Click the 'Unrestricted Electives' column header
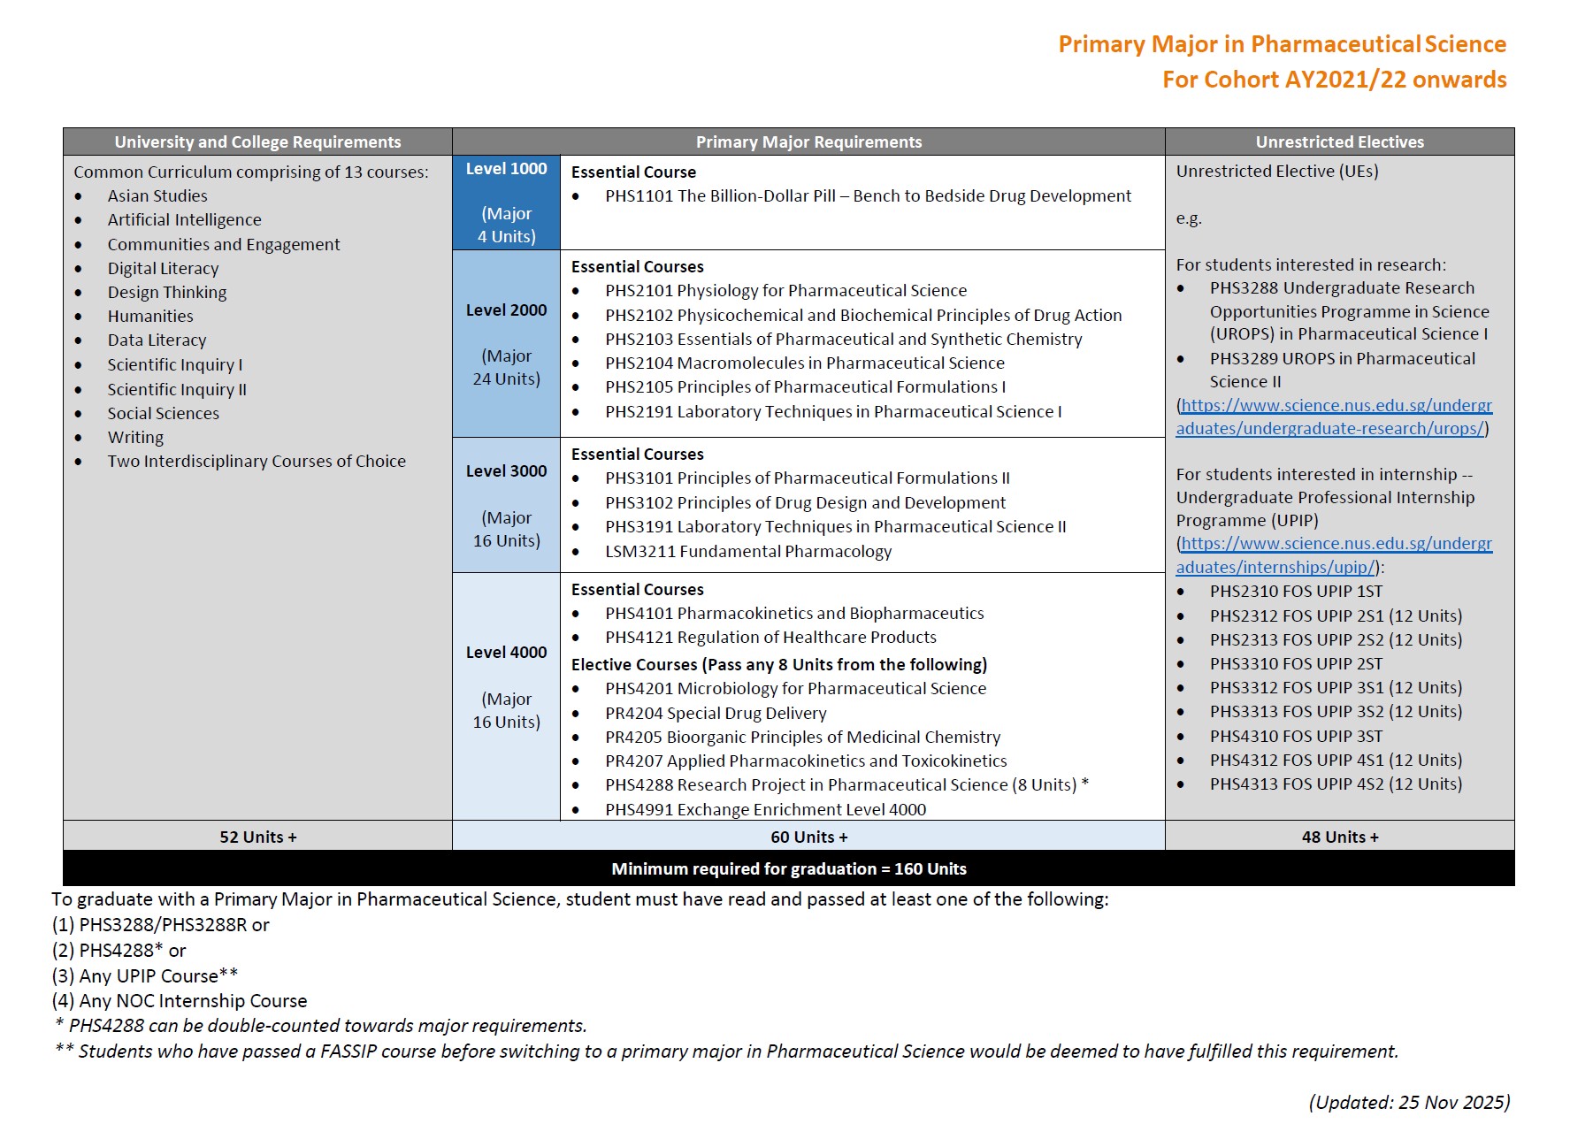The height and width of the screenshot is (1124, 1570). (x=1339, y=141)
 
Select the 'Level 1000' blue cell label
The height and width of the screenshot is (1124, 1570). (x=506, y=169)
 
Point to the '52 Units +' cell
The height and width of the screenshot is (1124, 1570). (x=257, y=837)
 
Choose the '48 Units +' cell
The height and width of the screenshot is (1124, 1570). (x=1339, y=837)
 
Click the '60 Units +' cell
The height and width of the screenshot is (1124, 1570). (x=808, y=837)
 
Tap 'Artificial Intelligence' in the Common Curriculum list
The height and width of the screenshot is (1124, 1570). (x=184, y=219)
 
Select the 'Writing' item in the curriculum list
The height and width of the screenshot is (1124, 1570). (x=135, y=437)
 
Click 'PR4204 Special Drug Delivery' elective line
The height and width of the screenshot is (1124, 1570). (x=716, y=713)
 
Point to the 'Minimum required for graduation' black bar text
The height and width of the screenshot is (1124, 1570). (x=788, y=868)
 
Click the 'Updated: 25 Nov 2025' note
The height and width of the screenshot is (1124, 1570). (x=1409, y=1102)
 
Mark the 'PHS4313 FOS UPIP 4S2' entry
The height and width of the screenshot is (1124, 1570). (x=1336, y=784)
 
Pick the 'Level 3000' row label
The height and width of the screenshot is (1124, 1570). (x=506, y=471)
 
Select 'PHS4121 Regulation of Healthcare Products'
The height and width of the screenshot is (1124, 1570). (x=770, y=637)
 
